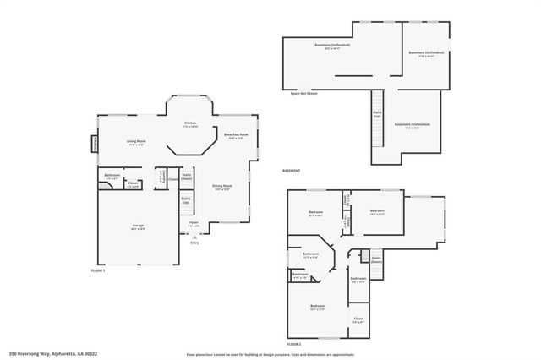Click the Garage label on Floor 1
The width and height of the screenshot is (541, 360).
pyautogui.click(x=137, y=226)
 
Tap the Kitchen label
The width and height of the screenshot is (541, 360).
pyautogui.click(x=191, y=124)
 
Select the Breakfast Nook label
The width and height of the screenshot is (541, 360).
pyautogui.click(x=236, y=135)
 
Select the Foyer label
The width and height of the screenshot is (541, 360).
pyautogui.click(x=194, y=222)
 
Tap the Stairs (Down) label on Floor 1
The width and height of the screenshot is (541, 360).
pyautogui.click(x=187, y=177)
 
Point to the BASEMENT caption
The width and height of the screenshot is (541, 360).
pyautogui.click(x=292, y=171)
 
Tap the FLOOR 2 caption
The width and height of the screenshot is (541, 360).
pyautogui.click(x=294, y=344)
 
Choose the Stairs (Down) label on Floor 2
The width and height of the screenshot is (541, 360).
pyautogui.click(x=376, y=259)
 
